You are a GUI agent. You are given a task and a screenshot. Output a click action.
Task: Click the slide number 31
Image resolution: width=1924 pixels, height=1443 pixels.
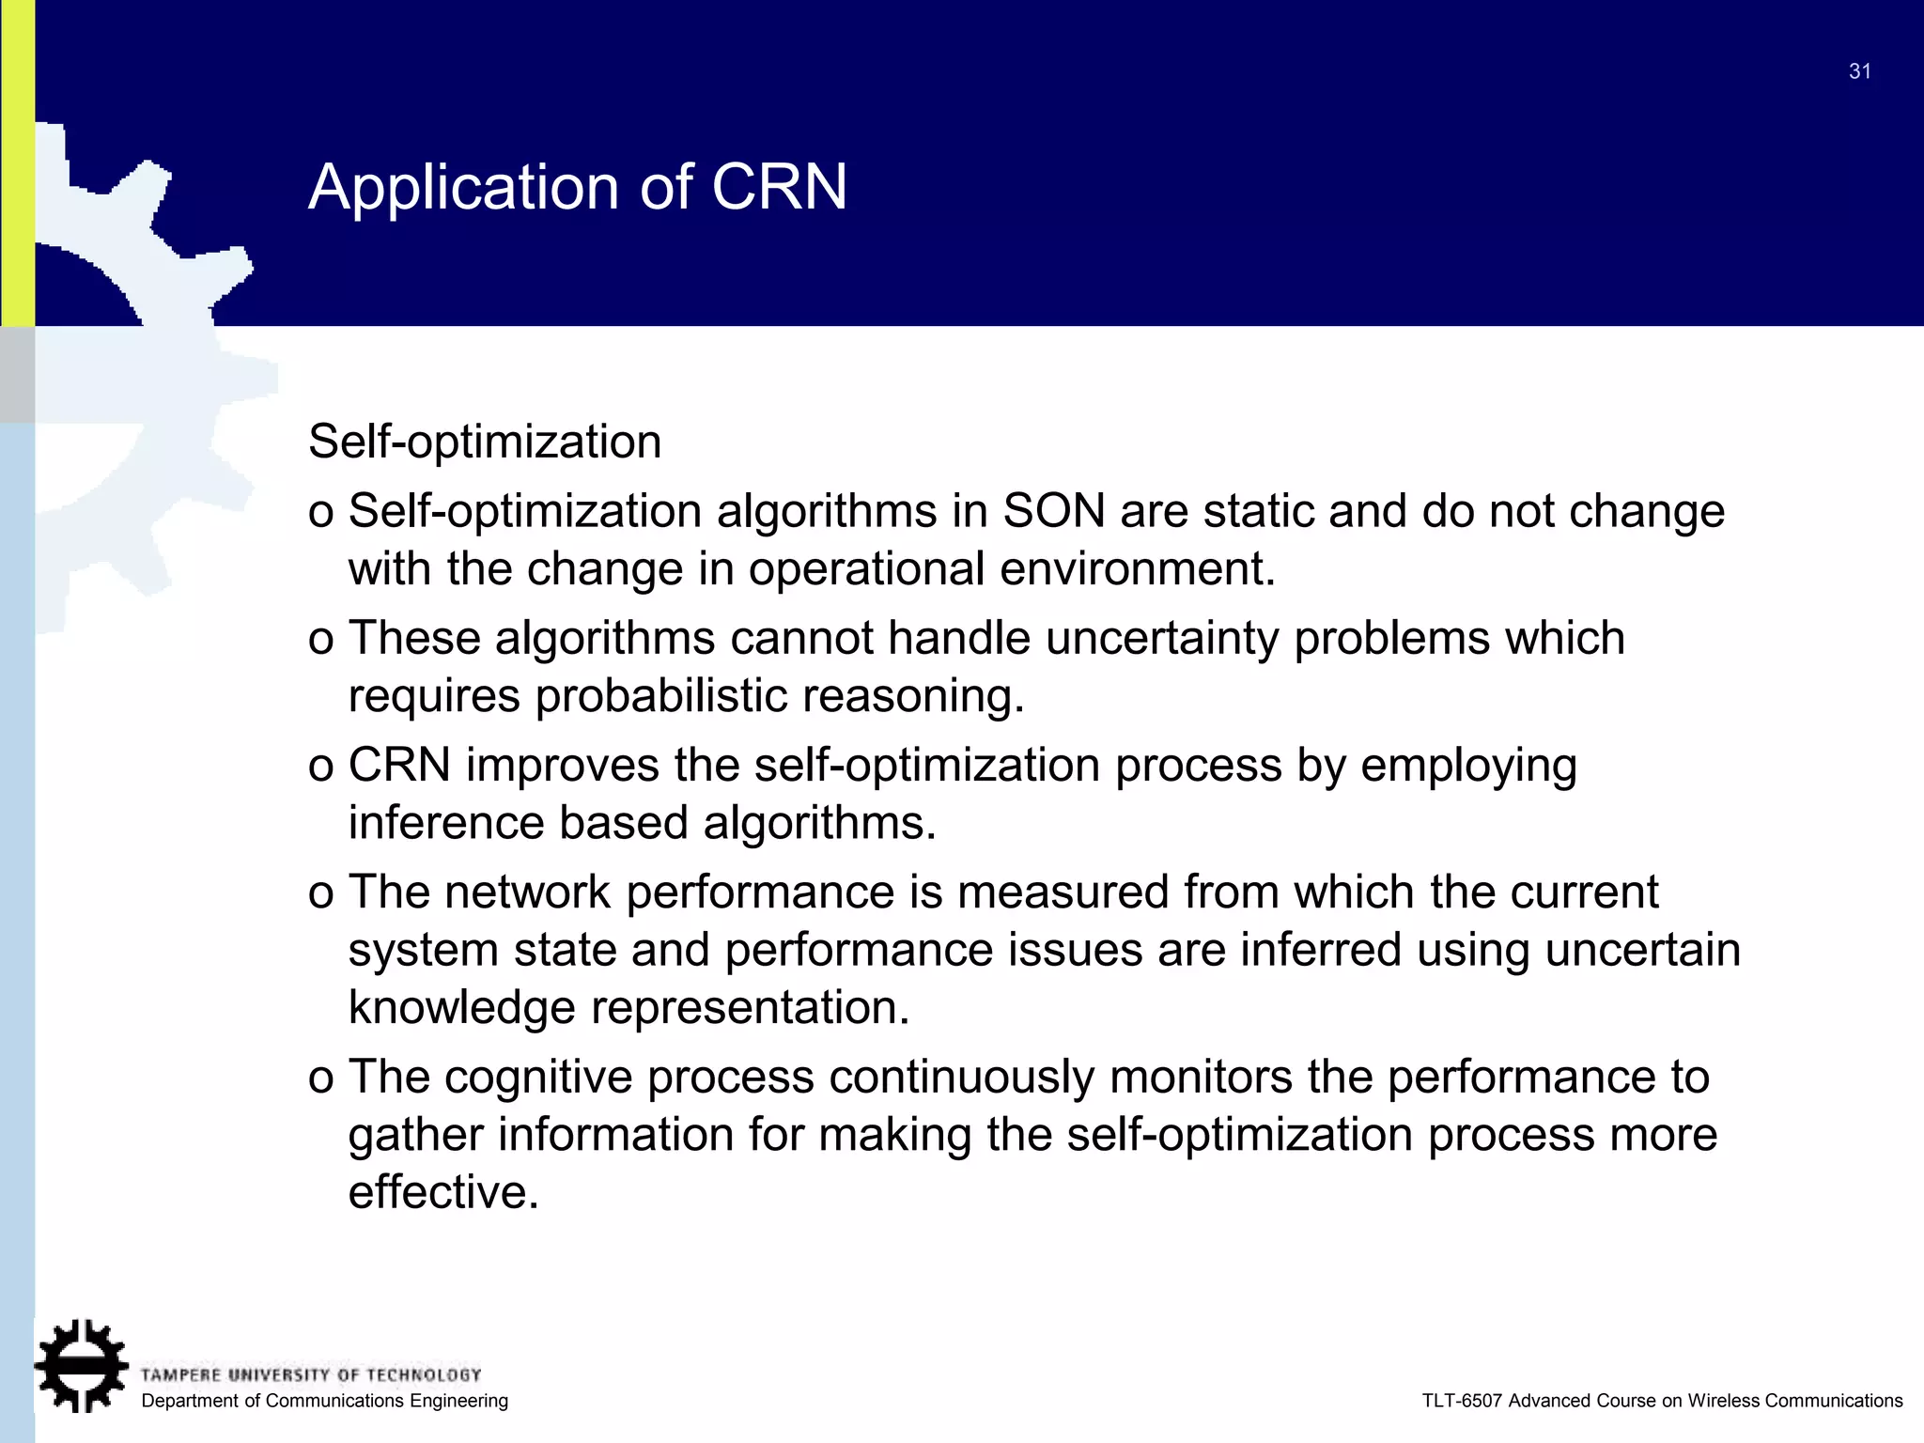[x=1859, y=71]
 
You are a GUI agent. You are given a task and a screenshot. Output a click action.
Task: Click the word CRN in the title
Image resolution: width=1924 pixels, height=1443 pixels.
[x=779, y=186]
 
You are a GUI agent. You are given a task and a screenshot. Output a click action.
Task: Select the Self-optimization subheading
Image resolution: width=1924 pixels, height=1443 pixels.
[x=485, y=441]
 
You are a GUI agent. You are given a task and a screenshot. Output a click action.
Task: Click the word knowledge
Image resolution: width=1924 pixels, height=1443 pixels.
[x=461, y=1007]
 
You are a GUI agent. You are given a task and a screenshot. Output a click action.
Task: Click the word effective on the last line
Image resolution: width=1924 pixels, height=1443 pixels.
[x=443, y=1192]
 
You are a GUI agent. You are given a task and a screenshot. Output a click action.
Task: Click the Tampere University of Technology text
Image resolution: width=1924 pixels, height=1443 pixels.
[x=311, y=1374]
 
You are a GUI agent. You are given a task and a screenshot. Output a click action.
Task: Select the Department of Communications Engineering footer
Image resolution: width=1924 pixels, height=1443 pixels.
[x=324, y=1401]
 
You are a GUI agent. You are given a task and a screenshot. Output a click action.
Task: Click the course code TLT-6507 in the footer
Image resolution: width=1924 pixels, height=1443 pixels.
[x=1462, y=1401]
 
